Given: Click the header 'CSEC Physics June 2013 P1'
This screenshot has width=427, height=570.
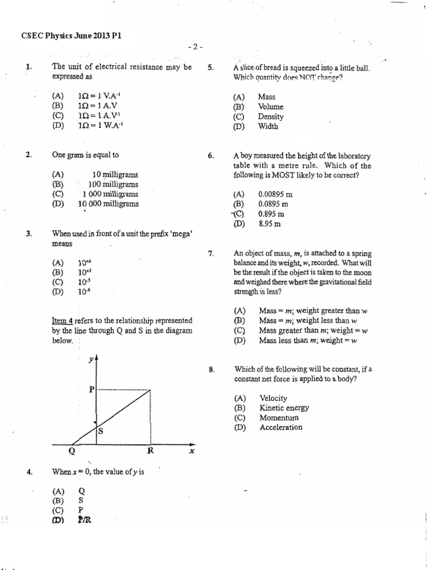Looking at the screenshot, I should (71, 36).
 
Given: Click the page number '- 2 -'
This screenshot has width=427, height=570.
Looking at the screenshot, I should (195, 47).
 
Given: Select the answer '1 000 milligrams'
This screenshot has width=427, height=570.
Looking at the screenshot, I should (110, 194).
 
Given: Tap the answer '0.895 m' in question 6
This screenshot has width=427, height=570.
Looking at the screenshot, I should (271, 214).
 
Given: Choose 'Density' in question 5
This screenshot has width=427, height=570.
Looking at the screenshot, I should (271, 117).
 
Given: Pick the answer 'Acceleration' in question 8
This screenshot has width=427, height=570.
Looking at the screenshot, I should (281, 427).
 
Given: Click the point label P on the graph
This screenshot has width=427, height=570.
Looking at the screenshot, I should (92, 390).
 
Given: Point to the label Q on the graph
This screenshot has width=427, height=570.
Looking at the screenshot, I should (72, 452).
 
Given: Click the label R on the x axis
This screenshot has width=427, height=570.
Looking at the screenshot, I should (150, 451).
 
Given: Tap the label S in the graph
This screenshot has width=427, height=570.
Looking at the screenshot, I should (101, 431).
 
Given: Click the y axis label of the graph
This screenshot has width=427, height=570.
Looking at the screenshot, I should (91, 360).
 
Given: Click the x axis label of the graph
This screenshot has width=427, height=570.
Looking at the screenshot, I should (191, 451).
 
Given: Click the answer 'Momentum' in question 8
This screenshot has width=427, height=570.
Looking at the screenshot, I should (279, 417).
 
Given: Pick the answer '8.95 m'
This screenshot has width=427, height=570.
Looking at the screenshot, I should (270, 224).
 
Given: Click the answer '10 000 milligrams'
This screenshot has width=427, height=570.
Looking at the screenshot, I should (108, 204).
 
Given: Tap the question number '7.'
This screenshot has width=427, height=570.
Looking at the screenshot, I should (211, 254).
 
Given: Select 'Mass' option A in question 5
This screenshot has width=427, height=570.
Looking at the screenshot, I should (267, 97).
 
